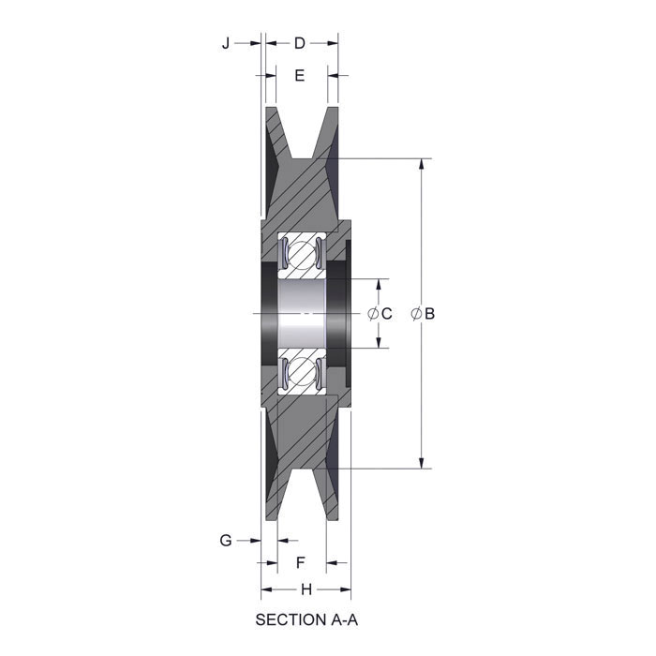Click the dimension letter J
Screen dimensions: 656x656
225,43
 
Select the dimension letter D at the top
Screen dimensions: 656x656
300,43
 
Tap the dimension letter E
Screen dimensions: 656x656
300,75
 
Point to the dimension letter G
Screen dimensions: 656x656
225,540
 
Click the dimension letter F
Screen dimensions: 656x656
301,562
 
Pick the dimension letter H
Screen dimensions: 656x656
306,589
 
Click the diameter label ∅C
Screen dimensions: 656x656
379,313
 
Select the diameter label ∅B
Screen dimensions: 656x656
423,313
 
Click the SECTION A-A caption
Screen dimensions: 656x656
306,619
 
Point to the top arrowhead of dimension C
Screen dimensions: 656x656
379,284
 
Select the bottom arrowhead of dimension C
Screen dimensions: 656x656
379,342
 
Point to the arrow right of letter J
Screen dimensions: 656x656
250,43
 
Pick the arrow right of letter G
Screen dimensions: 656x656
250,540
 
